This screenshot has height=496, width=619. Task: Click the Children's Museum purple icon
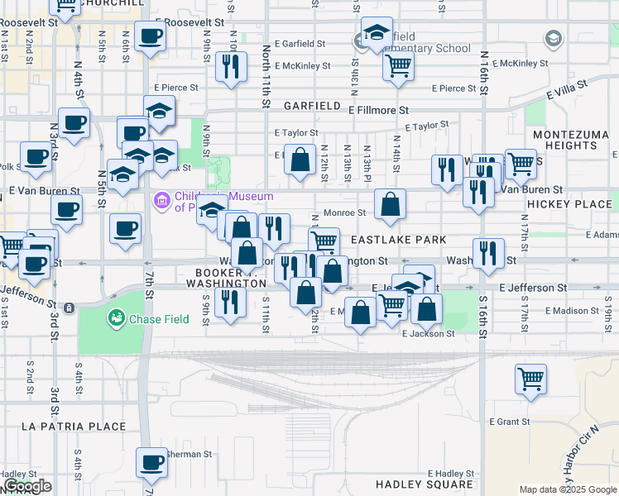[x=161, y=200]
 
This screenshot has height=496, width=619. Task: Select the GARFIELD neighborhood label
[x=312, y=107]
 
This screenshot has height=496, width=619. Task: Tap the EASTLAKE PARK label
[x=399, y=240]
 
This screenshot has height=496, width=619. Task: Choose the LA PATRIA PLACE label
[x=74, y=427]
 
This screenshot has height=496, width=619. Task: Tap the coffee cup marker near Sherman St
[x=151, y=465]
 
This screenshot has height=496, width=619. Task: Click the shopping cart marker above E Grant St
[x=530, y=379]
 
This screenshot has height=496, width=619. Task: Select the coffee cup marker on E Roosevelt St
[x=150, y=38]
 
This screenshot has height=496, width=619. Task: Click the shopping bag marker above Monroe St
[x=300, y=159]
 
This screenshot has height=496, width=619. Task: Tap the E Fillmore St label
[x=379, y=110]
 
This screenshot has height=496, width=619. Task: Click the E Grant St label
[x=509, y=422]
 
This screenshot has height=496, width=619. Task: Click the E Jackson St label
[x=428, y=334]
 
